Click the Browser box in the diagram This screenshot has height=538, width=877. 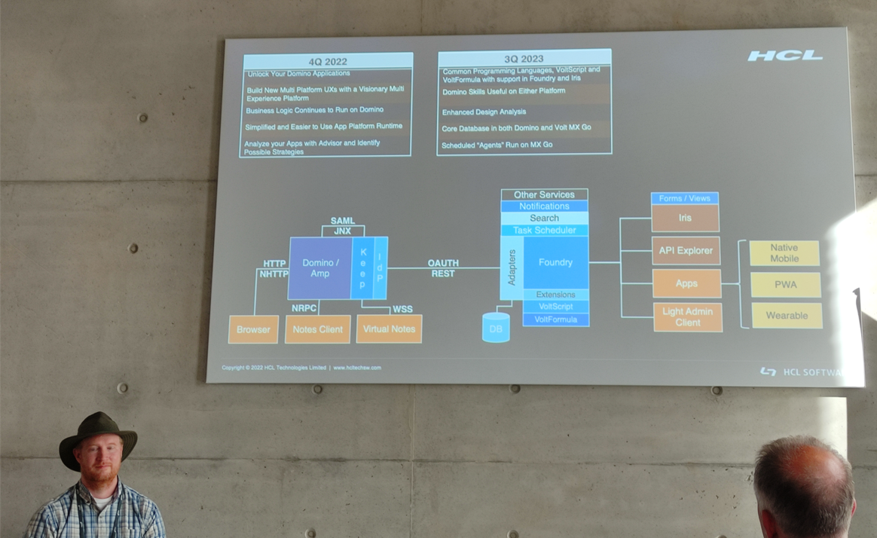click(253, 329)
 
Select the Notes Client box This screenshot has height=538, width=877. click(317, 329)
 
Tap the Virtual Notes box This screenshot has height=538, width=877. click(389, 329)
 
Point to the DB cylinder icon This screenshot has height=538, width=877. click(496, 328)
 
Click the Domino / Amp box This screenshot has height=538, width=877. click(320, 268)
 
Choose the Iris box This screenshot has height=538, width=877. click(685, 218)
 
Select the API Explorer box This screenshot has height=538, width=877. click(685, 251)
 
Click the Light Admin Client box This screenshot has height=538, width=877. click(687, 317)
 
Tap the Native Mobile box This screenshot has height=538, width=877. click(784, 253)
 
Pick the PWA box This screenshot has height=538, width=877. click(785, 285)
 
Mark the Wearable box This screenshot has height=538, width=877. click(786, 316)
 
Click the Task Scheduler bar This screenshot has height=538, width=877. click(544, 231)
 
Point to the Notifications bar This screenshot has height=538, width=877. click(544, 206)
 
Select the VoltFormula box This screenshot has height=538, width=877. click(555, 319)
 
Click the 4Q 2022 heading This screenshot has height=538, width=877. click(327, 61)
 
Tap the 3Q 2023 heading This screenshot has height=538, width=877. click(524, 58)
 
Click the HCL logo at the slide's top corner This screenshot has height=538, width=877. click(784, 56)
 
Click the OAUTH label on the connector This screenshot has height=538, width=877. click(443, 263)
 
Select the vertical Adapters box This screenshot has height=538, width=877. click(512, 267)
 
